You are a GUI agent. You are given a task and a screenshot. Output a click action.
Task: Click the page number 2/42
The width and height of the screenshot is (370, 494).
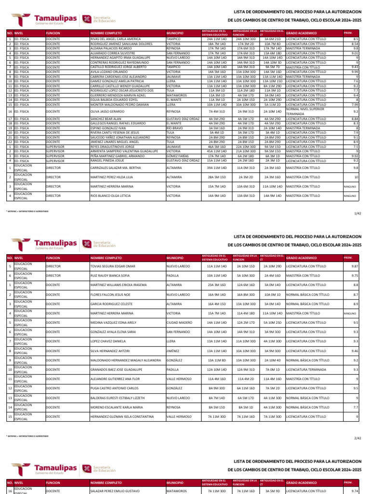pyautogui.click(x=357, y=438)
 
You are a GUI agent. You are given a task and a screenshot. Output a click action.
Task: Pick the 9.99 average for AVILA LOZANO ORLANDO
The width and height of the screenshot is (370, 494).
pyautogui.click(x=355, y=72)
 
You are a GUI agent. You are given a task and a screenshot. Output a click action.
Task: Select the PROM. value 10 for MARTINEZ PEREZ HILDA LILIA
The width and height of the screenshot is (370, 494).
pyautogui.click(x=356, y=177)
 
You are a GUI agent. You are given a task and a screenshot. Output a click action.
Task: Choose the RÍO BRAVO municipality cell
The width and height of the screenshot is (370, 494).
pyautogui.click(x=175, y=128)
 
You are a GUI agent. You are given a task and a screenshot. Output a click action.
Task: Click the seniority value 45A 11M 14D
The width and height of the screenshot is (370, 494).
pyautogui.click(x=216, y=151)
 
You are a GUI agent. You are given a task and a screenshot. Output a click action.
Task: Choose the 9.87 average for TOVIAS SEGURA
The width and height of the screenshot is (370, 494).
pyautogui.click(x=355, y=266)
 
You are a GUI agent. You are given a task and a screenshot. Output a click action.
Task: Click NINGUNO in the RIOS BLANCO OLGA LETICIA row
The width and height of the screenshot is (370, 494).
pyautogui.click(x=350, y=196)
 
